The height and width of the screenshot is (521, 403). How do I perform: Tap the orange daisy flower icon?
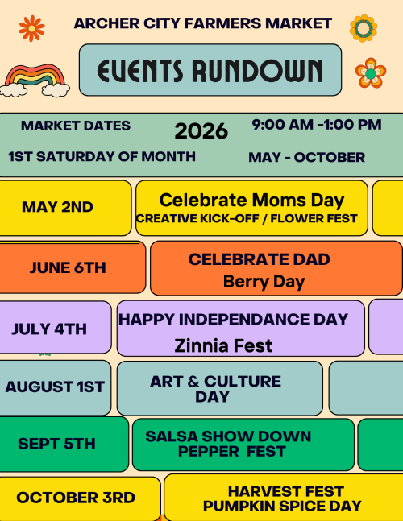[31, 28]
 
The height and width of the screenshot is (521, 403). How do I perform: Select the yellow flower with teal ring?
[363, 28]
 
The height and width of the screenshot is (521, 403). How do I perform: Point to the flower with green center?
[371, 73]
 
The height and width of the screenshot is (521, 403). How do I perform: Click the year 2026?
[201, 131]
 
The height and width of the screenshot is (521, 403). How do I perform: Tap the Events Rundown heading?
[210, 70]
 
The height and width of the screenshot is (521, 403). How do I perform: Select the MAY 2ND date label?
[57, 207]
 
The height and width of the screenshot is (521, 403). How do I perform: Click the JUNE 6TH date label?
[68, 267]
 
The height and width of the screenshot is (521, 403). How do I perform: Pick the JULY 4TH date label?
[49, 329]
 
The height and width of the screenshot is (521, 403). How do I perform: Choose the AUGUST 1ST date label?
[55, 387]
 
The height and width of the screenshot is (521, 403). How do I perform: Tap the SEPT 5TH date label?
[56, 444]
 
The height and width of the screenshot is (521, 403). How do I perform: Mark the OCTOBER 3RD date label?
[76, 498]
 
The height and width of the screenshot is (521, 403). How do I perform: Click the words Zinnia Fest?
[223, 345]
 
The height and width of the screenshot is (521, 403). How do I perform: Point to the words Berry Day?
[264, 282]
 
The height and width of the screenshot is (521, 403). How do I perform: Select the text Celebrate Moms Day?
[252, 201]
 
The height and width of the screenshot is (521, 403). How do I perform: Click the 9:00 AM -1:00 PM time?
[317, 125]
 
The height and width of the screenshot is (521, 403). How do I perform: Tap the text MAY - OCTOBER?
[306, 157]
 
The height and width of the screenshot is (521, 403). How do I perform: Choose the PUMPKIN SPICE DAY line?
[282, 506]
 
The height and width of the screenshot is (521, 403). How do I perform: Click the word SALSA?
[171, 436]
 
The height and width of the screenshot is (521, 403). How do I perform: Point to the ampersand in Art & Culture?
[193, 382]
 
